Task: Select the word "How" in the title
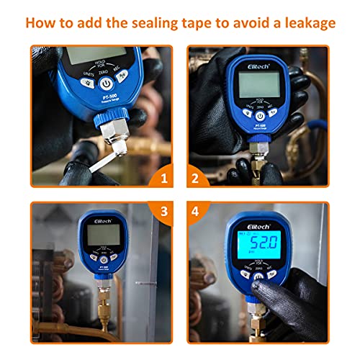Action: pos(42,23)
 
